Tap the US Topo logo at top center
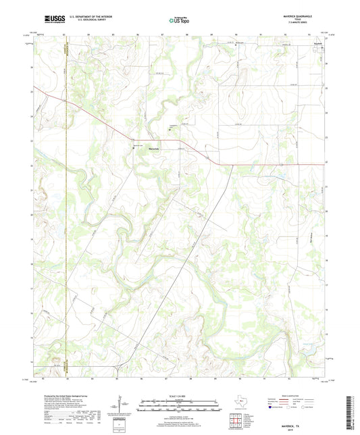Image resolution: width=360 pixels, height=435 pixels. click(177, 20)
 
